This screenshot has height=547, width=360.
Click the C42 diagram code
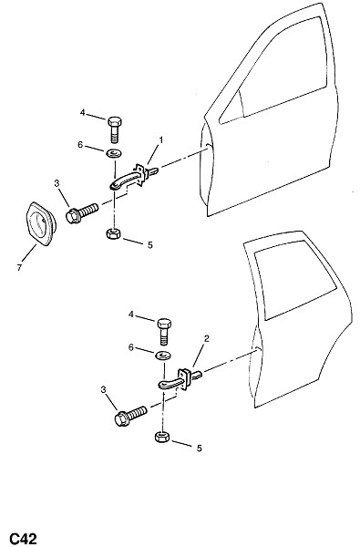24,538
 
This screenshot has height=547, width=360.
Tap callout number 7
19,267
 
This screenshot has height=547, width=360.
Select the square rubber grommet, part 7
40,224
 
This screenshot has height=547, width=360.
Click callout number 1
160,139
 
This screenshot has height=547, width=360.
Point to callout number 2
207,338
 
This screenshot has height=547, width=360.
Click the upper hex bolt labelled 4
115,129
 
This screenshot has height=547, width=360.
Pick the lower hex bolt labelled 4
164,332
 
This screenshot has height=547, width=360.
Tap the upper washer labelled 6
113,153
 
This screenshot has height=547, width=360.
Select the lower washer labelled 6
163,356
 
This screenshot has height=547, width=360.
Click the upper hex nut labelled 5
113,233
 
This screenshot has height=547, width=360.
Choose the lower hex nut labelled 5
162,437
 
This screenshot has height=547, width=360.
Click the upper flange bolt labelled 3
82,212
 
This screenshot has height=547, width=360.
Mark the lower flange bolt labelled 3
131,416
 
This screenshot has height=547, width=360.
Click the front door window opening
279,70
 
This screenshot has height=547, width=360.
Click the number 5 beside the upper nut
150,245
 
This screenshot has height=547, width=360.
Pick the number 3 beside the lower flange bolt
103,389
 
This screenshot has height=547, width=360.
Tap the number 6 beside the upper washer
80,144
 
